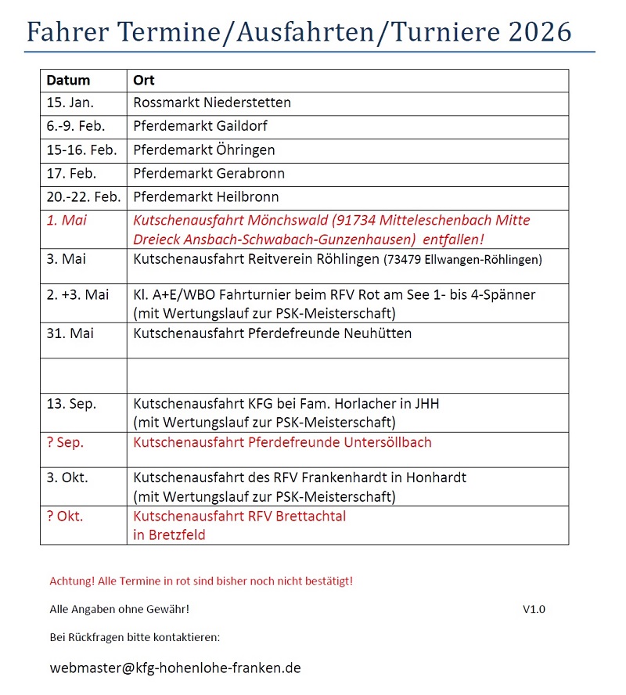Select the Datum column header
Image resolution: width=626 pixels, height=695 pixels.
tap(68, 81)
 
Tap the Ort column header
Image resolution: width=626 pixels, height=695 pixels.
tap(143, 81)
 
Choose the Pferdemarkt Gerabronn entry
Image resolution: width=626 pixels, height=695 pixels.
tap(209, 174)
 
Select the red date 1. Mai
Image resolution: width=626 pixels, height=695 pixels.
tap(67, 221)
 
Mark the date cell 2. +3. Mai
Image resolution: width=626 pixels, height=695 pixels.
tap(77, 295)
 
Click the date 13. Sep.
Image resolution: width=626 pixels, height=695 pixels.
tap(71, 404)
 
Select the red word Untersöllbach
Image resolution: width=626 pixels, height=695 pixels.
tap(387, 443)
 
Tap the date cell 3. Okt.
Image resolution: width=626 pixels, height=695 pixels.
tap(67, 477)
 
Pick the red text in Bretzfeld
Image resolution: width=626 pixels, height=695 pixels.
tap(169, 535)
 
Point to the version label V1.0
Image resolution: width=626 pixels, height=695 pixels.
tap(534, 609)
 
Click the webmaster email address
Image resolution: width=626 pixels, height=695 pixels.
tap(175, 668)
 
